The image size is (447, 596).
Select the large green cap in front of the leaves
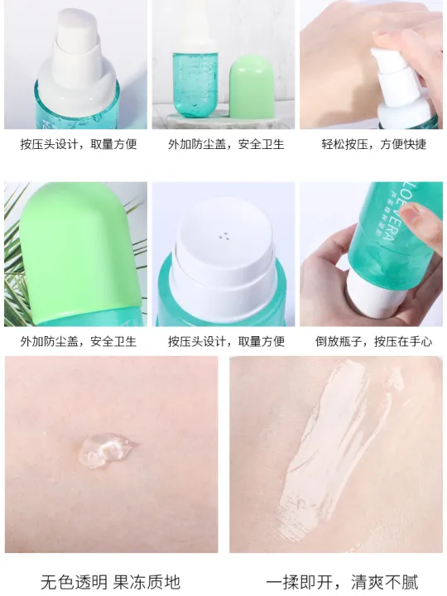pos(83,248)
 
